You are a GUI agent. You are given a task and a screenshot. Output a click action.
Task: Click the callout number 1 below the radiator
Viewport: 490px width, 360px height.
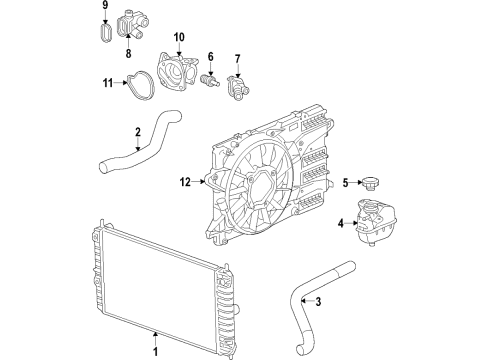coord(155,350)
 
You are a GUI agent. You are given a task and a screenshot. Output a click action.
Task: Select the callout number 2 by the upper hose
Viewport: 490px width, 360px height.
coord(138,131)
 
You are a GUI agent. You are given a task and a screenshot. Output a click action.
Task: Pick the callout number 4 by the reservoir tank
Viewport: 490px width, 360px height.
coord(339,222)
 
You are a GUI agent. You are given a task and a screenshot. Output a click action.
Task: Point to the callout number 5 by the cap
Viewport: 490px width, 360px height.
coord(343,182)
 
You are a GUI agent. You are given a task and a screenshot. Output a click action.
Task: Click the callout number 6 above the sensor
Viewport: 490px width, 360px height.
coord(211,56)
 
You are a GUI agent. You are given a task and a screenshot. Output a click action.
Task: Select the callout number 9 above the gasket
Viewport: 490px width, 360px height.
coord(103,7)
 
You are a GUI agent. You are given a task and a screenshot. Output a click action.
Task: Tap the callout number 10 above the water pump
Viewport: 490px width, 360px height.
coord(179,39)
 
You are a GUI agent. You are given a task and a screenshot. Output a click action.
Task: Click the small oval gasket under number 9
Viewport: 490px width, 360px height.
coord(103,30)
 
